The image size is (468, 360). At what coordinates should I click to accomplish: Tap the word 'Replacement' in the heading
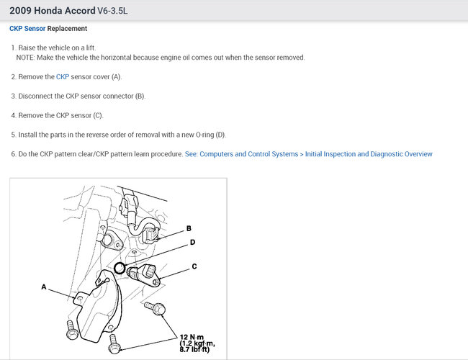click(67, 29)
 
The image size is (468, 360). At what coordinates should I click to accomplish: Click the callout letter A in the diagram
click(44, 287)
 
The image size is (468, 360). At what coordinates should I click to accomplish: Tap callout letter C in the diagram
click(194, 266)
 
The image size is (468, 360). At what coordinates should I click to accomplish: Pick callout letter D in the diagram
click(192, 243)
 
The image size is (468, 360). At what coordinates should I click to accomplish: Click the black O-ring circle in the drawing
click(120, 270)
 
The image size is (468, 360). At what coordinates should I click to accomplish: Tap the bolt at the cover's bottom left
click(71, 333)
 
